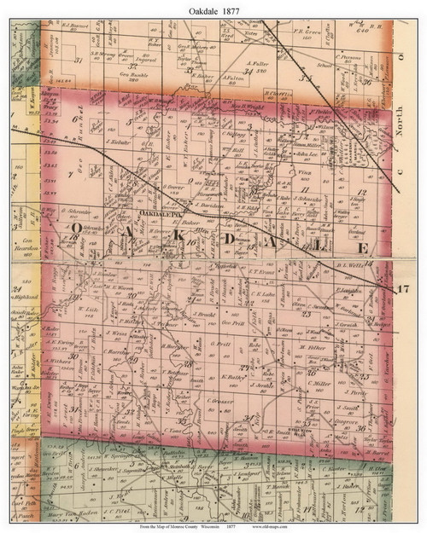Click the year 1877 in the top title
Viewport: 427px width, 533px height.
233,8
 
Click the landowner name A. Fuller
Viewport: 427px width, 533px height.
257,62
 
